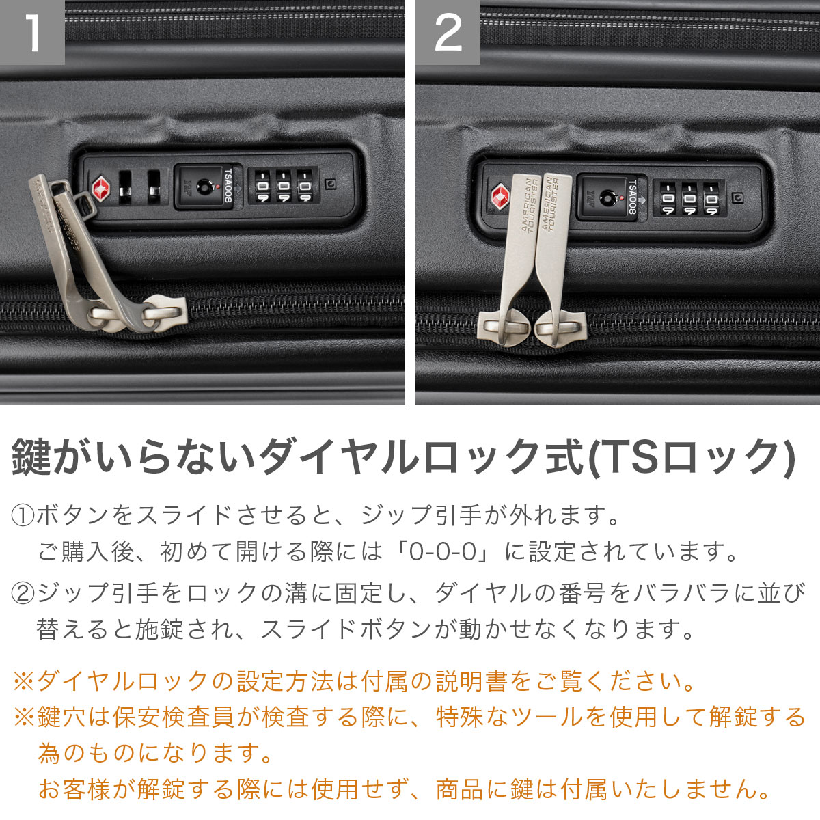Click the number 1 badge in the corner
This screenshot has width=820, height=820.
[32, 32]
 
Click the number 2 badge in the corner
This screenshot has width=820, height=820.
[448, 32]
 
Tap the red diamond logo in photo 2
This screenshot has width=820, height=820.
[501, 198]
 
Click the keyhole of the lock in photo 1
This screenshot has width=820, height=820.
[205, 187]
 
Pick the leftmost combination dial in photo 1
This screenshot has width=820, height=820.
[262, 186]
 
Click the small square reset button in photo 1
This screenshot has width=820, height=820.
[331, 184]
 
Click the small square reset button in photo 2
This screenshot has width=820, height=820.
[738, 198]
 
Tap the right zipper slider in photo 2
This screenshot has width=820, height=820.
[560, 328]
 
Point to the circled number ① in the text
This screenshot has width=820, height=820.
[23, 515]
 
